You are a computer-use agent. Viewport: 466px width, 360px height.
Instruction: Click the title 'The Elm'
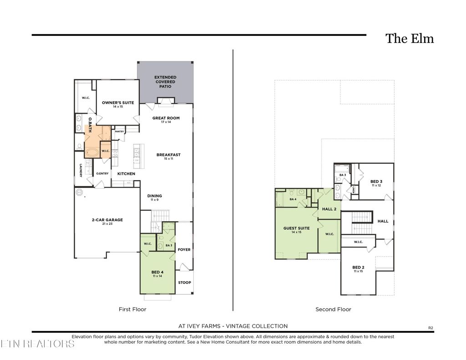pyautogui.click(x=410, y=39)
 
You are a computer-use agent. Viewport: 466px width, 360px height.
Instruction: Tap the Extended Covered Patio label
pyautogui.click(x=165, y=82)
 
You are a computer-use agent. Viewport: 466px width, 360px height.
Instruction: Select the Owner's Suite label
pyautogui.click(x=118, y=103)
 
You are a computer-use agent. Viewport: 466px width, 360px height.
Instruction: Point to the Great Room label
pyautogui.click(x=166, y=118)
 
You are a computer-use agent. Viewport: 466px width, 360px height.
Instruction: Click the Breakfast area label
pyautogui.click(x=168, y=155)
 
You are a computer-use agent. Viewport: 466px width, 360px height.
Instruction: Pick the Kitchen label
pyautogui.click(x=126, y=174)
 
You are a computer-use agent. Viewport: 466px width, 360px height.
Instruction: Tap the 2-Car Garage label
pyautogui.click(x=107, y=220)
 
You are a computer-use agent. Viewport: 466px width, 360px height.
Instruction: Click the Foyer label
pyautogui.click(x=184, y=249)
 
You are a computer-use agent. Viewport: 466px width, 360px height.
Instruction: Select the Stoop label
pyautogui.click(x=184, y=283)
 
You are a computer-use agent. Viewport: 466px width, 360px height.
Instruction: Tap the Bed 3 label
pyautogui.click(x=376, y=182)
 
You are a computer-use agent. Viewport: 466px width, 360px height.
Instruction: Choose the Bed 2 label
pyautogui.click(x=358, y=268)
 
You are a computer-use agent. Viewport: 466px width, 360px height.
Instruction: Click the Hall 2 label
pyautogui.click(x=329, y=209)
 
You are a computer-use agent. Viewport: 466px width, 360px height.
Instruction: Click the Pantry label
pyautogui.click(x=119, y=132)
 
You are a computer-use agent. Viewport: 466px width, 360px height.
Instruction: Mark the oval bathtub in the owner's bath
pyautogui.click(x=93, y=152)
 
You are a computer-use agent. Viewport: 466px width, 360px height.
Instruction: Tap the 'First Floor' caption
pyautogui.click(x=132, y=309)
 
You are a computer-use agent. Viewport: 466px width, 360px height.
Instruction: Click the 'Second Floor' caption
pyautogui.click(x=333, y=309)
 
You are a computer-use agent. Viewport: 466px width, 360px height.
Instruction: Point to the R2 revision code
pyautogui.click(x=431, y=327)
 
